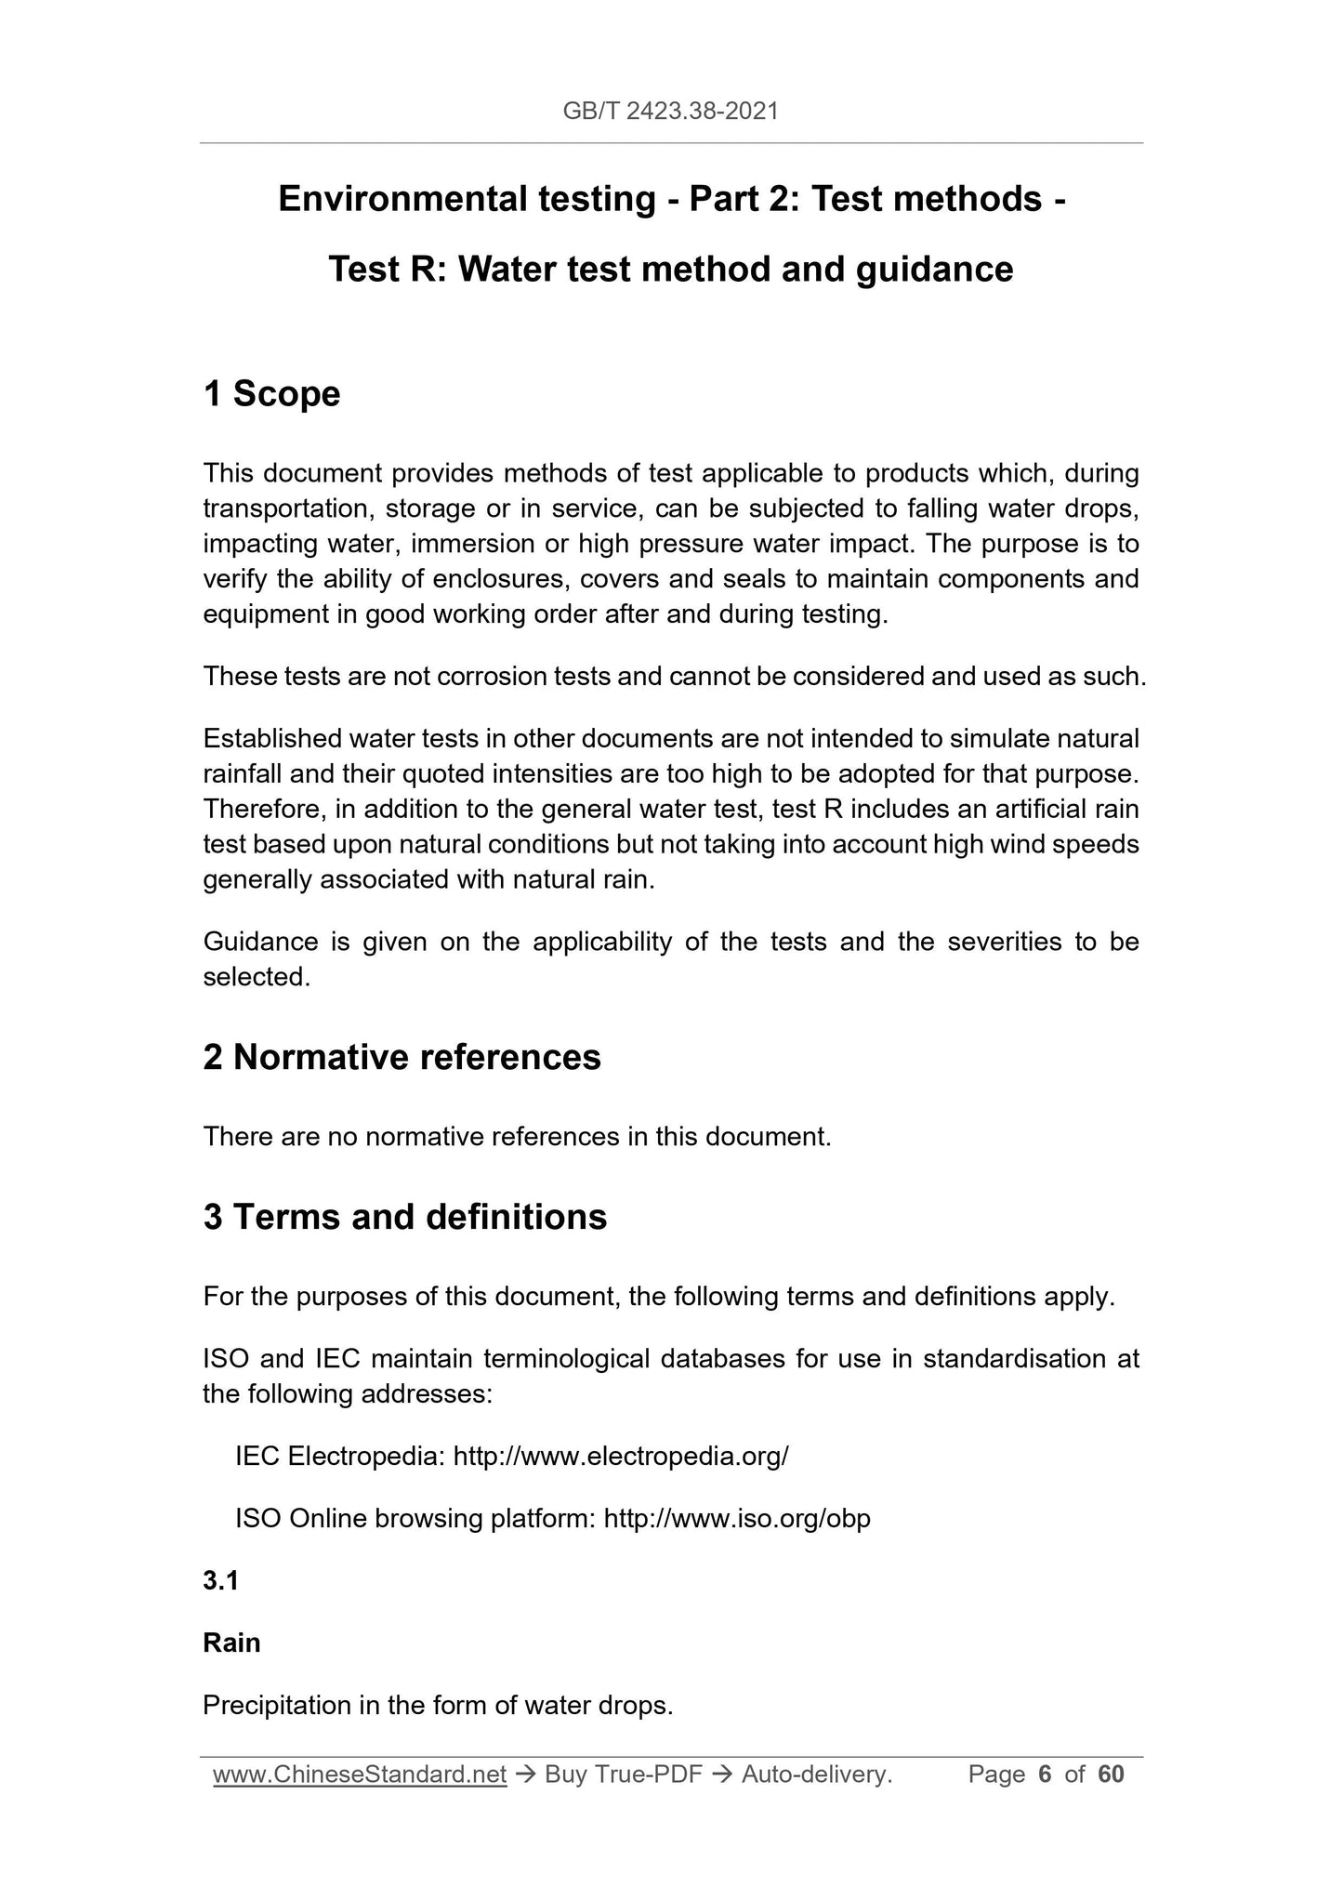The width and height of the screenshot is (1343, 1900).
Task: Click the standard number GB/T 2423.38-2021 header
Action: (670, 112)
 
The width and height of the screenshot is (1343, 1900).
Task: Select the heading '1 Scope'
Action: (271, 394)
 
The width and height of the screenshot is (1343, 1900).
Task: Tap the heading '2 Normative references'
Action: (402, 1057)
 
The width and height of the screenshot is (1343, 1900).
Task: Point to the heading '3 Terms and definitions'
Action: (404, 1217)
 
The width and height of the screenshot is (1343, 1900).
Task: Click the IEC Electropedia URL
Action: (621, 1456)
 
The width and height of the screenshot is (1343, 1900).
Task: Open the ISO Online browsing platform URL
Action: (737, 1519)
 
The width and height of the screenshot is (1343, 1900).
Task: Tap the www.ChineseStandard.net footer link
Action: (360, 1775)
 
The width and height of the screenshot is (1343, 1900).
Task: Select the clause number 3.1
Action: (220, 1580)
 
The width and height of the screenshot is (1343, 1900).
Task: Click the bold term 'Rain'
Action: (231, 1643)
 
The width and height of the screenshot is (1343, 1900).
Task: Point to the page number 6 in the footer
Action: (1045, 1775)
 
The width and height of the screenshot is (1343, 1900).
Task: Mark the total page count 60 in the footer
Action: (1111, 1775)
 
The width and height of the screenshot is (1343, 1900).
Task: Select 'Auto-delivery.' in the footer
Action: (817, 1775)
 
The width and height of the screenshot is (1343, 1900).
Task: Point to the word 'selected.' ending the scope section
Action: (257, 977)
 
